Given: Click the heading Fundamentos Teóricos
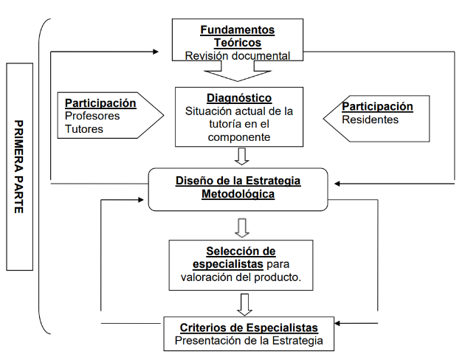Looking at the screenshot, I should click(x=237, y=36).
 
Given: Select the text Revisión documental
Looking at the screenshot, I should click(x=237, y=55).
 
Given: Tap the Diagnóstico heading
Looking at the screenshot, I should click(x=239, y=98).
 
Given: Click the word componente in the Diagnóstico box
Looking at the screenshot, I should click(x=239, y=137).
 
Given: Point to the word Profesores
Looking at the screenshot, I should click(x=92, y=116).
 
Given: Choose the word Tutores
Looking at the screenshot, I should click(x=84, y=128).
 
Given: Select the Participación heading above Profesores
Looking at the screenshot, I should click(x=100, y=103).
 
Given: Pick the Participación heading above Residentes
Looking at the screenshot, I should click(x=377, y=106).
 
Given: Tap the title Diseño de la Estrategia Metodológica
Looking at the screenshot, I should click(x=238, y=187).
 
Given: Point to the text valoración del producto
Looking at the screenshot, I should click(x=241, y=277).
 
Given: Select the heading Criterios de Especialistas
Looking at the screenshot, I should click(x=249, y=328).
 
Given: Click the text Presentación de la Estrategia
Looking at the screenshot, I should click(x=249, y=341).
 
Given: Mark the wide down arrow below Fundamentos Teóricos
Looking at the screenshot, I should click(x=238, y=72).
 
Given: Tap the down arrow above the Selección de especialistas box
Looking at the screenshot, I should click(x=241, y=226).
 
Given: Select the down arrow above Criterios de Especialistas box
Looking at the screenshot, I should click(x=246, y=303).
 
